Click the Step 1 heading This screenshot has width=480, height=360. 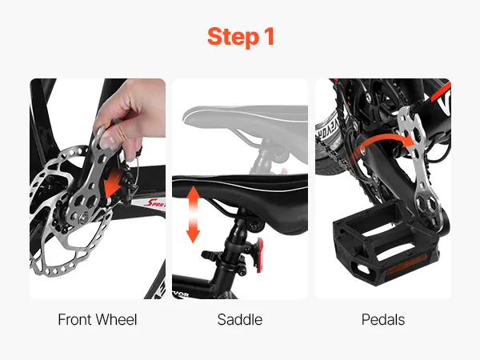[x=241, y=37]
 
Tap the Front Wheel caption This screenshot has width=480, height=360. [x=98, y=319]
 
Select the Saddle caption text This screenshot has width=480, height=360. [x=240, y=319]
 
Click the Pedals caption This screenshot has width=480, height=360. [x=383, y=319]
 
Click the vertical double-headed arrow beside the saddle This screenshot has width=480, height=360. [x=193, y=214]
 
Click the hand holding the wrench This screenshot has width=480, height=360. [x=129, y=116]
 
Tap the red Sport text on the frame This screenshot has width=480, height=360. [x=154, y=202]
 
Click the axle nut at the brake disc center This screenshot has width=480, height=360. [x=82, y=218]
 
